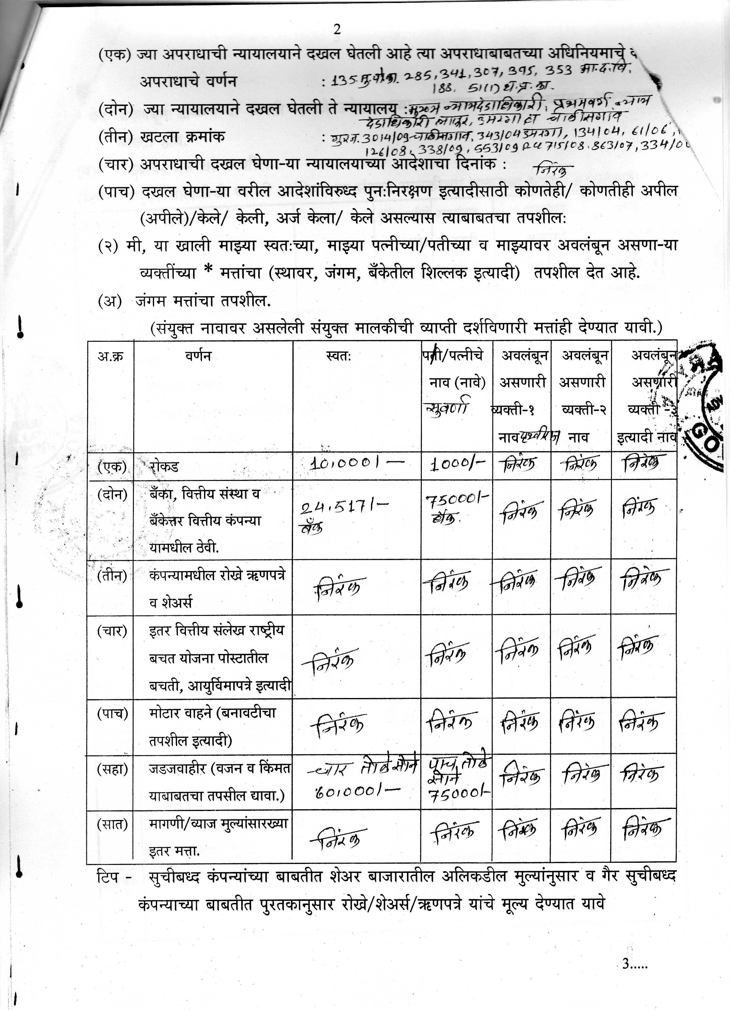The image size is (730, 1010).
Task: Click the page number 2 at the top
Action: tap(337, 29)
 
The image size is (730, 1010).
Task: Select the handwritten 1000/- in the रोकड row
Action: tap(456, 465)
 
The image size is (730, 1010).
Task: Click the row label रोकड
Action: tap(164, 467)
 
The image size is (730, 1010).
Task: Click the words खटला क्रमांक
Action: tap(182, 136)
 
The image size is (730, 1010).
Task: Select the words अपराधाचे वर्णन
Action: tap(188, 81)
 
